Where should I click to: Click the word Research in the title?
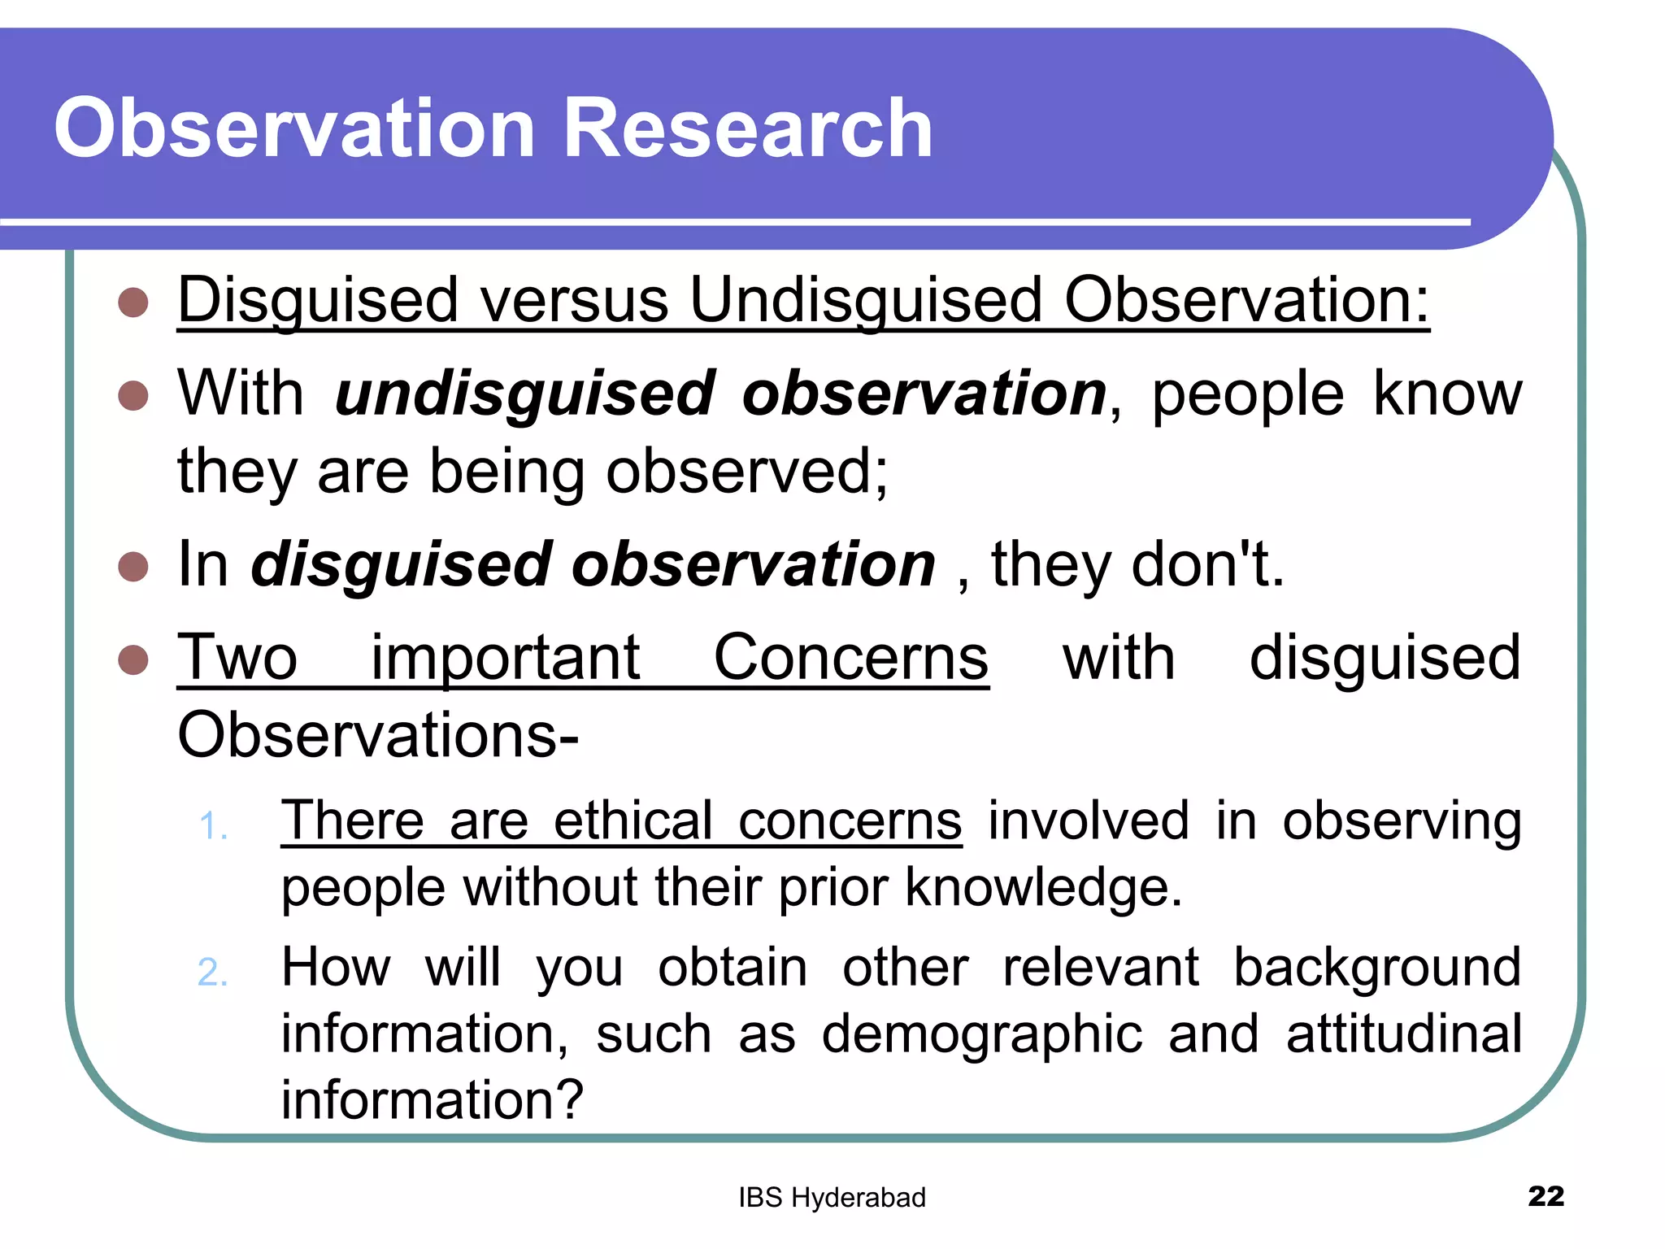[746, 128]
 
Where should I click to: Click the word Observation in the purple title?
[294, 128]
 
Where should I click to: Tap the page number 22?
[1545, 1196]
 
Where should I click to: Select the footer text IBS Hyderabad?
[832, 1198]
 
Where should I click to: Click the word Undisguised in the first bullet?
[866, 299]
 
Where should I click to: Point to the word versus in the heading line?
[574, 299]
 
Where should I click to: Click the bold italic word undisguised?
[524, 394]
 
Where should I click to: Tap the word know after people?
[1447, 394]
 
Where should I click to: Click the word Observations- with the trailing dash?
[378, 735]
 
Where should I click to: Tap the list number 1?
[212, 826]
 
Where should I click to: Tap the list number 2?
[212, 973]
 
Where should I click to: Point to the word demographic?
[981, 1034]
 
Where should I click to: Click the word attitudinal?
[1403, 1034]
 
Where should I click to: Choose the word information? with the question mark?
[432, 1099]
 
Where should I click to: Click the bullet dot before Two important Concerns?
[133, 659]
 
